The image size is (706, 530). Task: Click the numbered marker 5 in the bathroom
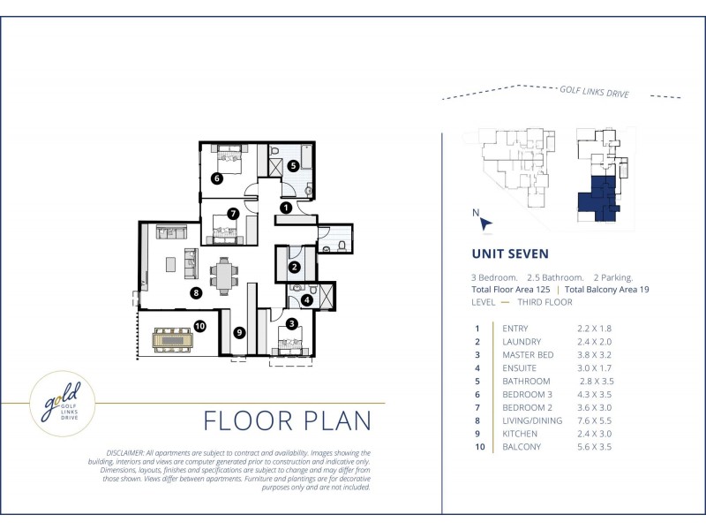(293, 165)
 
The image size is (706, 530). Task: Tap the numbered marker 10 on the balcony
(200, 325)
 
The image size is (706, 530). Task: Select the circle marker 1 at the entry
(286, 208)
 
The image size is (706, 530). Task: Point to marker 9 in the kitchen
(239, 333)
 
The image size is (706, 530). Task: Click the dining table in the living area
(224, 276)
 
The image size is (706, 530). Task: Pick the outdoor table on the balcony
(173, 340)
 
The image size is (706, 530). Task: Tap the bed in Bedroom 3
(229, 159)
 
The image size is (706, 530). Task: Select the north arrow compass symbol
(485, 224)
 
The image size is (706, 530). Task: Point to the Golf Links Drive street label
(594, 92)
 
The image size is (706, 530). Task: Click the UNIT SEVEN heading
(510, 254)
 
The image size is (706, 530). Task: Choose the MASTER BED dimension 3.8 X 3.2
(594, 355)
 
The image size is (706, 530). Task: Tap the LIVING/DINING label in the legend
(532, 421)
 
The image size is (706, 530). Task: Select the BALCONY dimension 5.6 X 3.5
(594, 447)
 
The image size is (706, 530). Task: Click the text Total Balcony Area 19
(607, 290)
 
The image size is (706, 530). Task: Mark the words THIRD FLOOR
(545, 302)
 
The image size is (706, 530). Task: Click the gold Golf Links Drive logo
(63, 404)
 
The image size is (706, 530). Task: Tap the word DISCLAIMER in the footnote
(125, 453)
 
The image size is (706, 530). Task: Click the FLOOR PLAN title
(288, 420)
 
